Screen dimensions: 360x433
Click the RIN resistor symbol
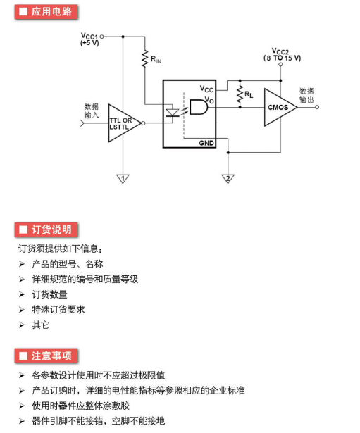click(144, 58)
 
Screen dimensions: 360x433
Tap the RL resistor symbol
click(240, 94)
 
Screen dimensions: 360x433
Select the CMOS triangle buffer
click(280, 107)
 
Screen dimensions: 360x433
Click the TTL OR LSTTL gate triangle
click(125, 123)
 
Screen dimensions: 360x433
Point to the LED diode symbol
click(173, 113)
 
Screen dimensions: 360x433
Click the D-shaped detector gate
click(199, 107)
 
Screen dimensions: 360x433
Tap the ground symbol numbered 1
click(123, 179)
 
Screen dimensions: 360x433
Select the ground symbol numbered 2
click(228, 179)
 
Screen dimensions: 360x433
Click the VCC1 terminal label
click(89, 36)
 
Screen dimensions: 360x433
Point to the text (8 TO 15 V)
click(282, 58)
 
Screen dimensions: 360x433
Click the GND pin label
click(206, 143)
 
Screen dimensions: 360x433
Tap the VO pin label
click(209, 100)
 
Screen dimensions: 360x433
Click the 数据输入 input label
click(92, 111)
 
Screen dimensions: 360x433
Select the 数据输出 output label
click(306, 95)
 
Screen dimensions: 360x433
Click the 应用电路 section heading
click(46, 12)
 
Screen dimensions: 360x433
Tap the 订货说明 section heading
click(46, 230)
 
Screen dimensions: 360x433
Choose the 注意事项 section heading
click(46, 356)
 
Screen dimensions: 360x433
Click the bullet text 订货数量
click(50, 294)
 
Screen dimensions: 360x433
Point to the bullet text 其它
click(41, 325)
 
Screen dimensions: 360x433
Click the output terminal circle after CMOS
click(317, 107)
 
